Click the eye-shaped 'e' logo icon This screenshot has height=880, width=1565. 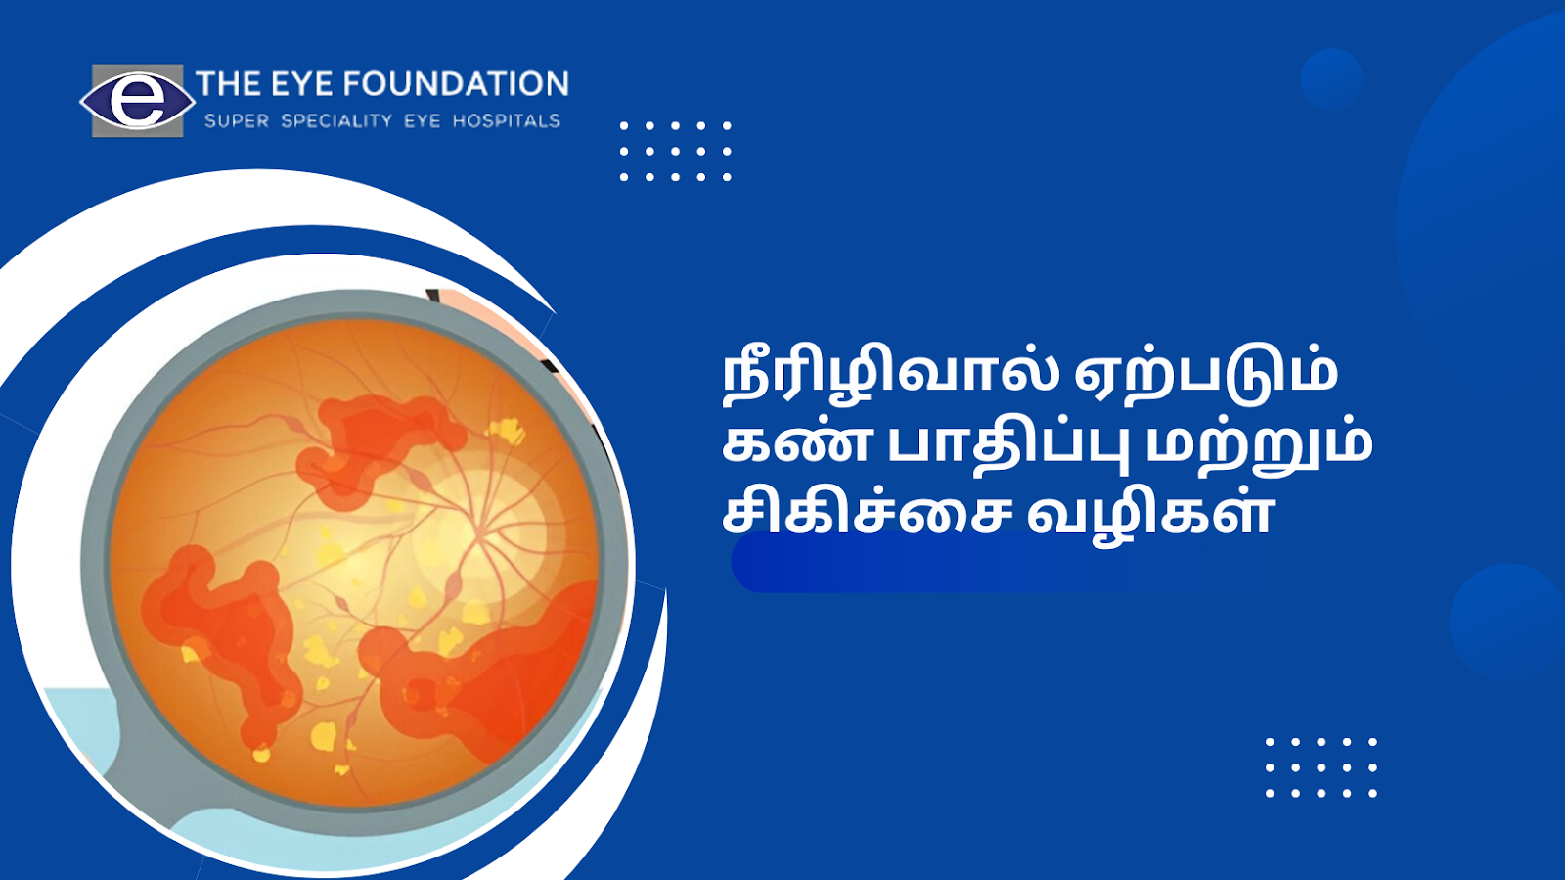coord(137,101)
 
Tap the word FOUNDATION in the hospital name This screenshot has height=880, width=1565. coord(456,84)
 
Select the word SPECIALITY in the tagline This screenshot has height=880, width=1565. coord(336,121)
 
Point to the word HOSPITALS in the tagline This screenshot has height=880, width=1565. coord(507,121)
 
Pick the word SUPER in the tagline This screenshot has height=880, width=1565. coord(236,121)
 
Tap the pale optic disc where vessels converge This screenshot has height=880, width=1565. coord(483,533)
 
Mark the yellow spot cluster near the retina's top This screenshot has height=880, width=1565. coord(508,430)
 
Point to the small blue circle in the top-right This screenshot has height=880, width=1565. coord(1331,79)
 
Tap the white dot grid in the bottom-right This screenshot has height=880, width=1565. coord(1321,767)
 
